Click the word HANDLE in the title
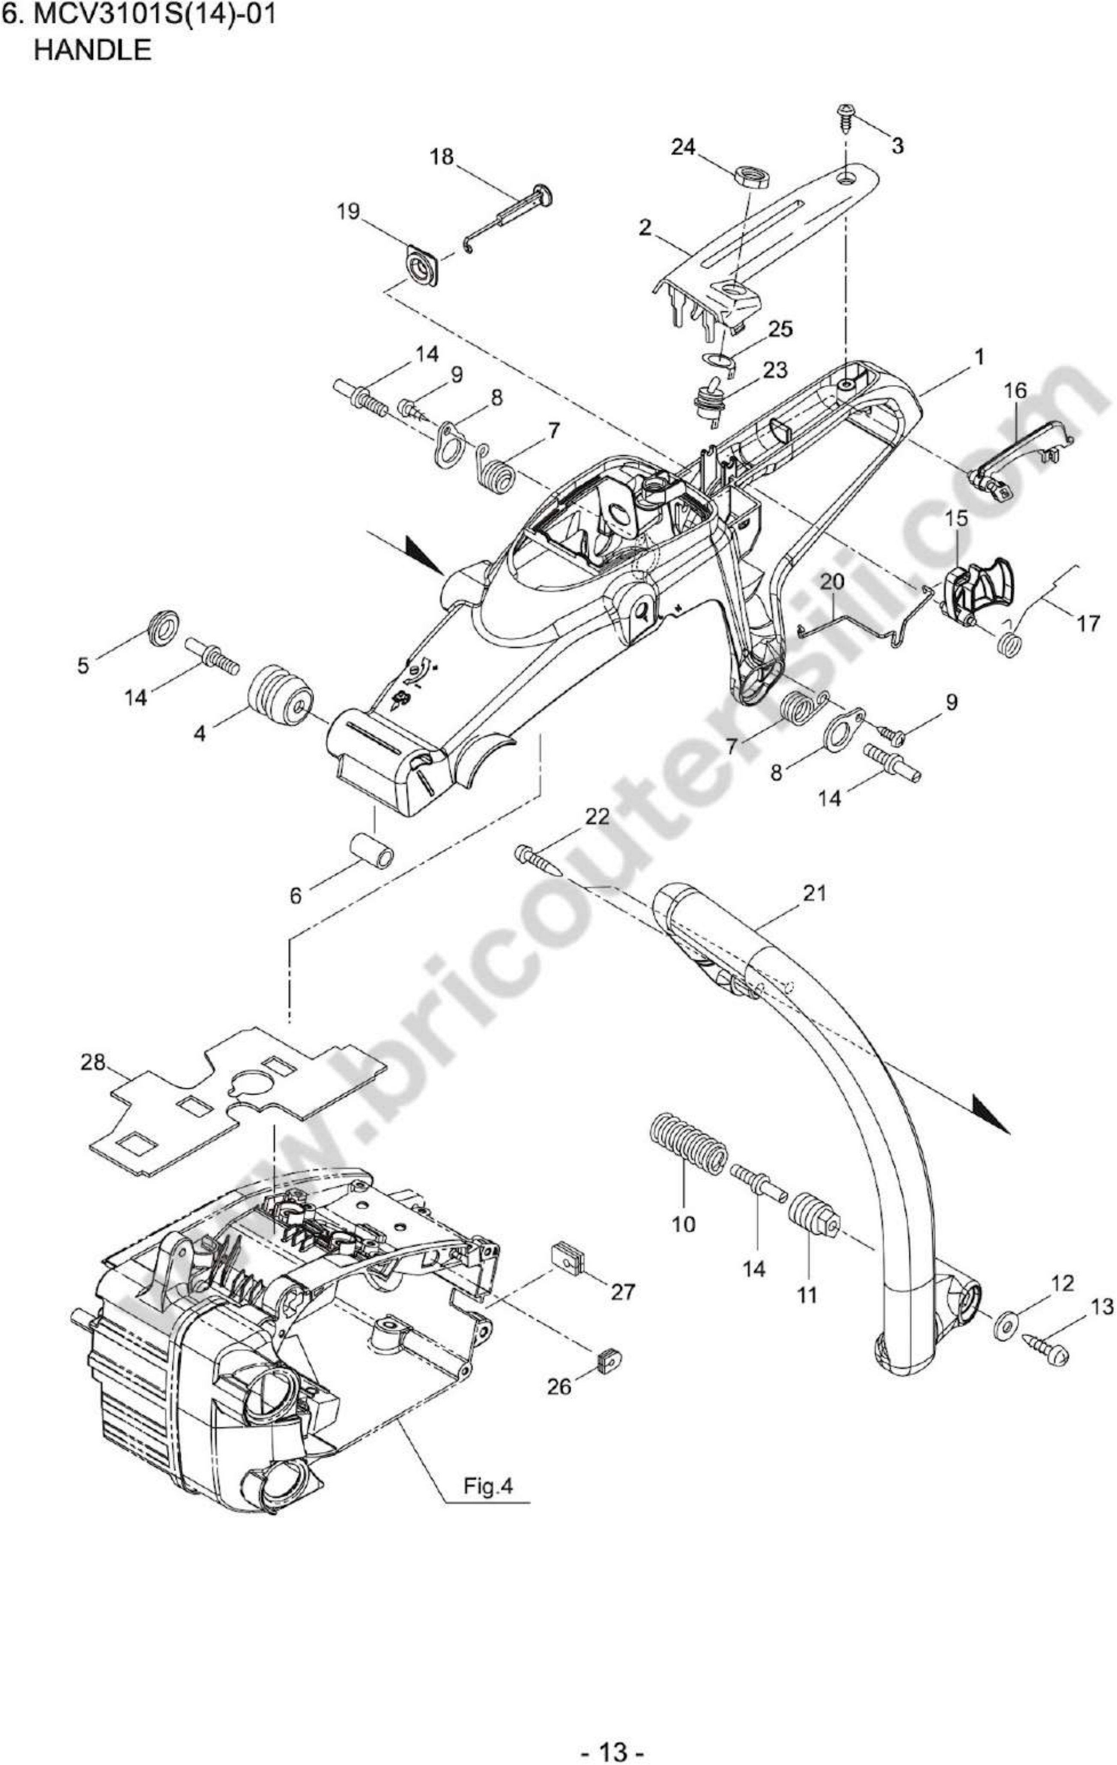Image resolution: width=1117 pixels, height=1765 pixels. coord(93,50)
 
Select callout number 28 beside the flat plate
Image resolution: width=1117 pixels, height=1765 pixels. coord(93,1062)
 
